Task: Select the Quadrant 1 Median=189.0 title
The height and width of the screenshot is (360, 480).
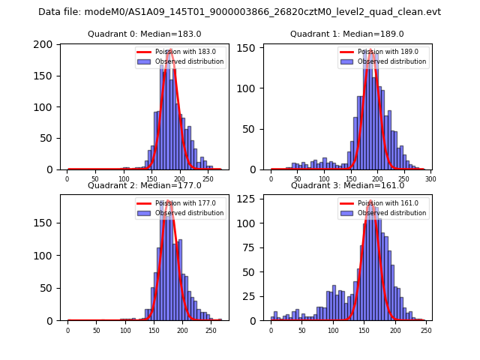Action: coord(346,34)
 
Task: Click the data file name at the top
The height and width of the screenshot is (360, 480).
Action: coord(239,12)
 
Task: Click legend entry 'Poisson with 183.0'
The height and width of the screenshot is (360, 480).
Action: coord(180,52)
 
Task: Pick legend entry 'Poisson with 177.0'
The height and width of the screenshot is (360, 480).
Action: coord(180,202)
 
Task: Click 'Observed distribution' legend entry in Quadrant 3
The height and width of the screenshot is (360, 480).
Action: coord(387,213)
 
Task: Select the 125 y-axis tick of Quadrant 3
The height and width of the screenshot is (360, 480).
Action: coord(247,201)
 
